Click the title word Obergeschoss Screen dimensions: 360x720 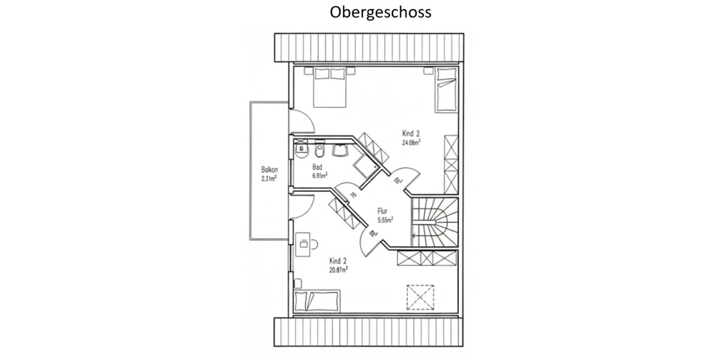pos(380,12)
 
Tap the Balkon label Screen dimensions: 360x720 pos(268,170)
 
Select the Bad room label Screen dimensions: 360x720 pos(318,167)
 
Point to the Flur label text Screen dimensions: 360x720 pos(382,211)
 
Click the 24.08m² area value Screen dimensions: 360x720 pos(411,143)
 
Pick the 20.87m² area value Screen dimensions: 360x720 pos(338,269)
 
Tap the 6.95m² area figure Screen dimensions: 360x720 pos(319,176)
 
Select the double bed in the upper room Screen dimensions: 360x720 pos(329,87)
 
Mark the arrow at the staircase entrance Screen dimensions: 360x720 pos(416,235)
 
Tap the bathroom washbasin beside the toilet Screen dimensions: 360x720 pos(343,148)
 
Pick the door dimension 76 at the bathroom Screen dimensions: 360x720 pos(353,194)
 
